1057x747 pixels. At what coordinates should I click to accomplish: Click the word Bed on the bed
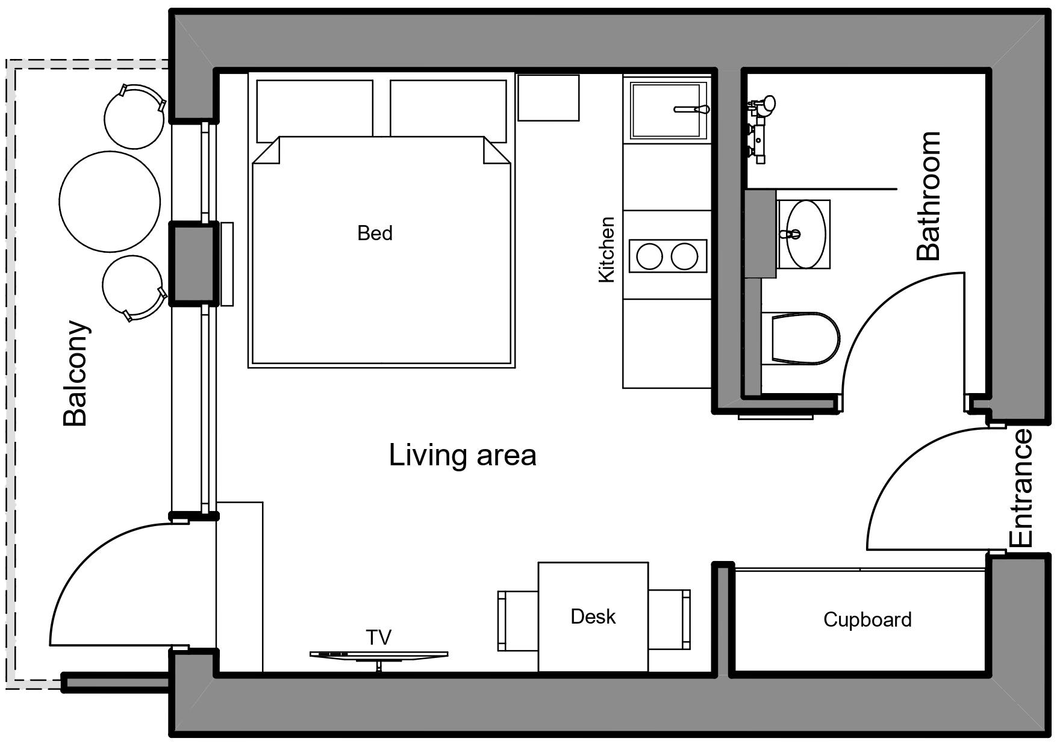375,233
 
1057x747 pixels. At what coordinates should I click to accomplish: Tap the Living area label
463,455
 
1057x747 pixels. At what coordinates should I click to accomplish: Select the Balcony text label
76,373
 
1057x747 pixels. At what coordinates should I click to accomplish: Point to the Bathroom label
928,196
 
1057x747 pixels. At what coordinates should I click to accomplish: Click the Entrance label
1021,488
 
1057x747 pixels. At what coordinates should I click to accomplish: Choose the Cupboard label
867,620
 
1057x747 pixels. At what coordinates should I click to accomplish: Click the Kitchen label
606,249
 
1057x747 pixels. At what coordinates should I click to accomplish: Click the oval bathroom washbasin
806,234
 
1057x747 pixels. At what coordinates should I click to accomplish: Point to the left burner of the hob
649,256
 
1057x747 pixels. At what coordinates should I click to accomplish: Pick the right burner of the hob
684,256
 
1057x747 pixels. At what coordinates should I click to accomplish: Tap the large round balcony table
110,201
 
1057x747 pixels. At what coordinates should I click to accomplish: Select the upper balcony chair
134,116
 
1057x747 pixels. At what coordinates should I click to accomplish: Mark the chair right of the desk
669,619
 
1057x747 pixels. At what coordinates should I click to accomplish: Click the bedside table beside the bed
548,98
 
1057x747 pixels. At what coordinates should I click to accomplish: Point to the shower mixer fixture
760,129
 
